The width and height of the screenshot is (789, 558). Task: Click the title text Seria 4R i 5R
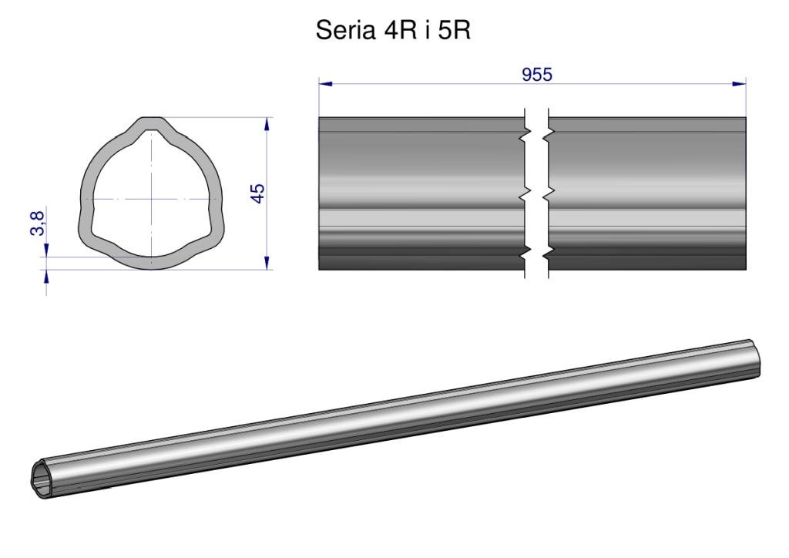tap(393, 30)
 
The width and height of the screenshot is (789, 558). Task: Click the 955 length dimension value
tap(537, 75)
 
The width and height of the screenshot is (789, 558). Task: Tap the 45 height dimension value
tap(257, 193)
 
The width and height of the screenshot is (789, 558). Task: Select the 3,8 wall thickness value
tap(37, 224)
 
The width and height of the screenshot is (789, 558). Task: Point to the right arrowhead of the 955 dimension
tap(739, 84)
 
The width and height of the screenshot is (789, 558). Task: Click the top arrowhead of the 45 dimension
tap(267, 124)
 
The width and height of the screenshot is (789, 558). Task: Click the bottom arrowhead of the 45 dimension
tap(267, 263)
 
